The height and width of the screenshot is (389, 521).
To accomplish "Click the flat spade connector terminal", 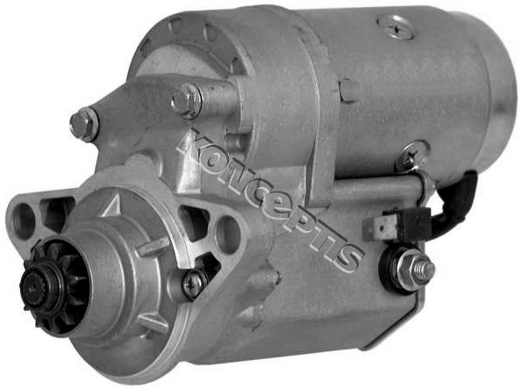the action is [x=375, y=227].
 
